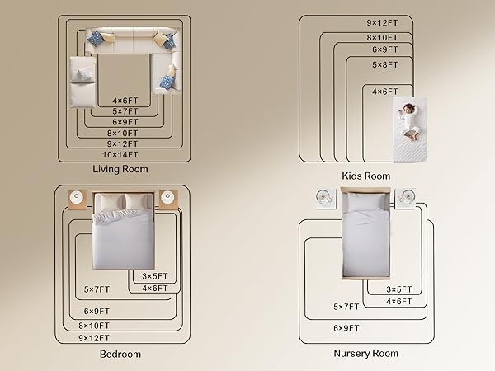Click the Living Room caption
coord(120,169)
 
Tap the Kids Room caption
coord(365,176)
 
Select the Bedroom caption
coord(120,354)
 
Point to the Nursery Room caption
coord(365,354)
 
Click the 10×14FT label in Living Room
coord(120,155)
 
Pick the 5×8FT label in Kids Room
coord(384,65)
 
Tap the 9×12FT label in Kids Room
coord(382,23)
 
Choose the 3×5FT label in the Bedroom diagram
coord(155,276)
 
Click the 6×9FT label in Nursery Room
coord(346,328)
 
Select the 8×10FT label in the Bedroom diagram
coord(94,326)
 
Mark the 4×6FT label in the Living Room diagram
coord(125,101)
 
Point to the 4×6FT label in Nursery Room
coord(399,302)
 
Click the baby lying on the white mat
coord(409,121)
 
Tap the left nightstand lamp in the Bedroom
coord(76,196)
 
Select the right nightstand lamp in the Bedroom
coord(167,196)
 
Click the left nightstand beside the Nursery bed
coord(326,199)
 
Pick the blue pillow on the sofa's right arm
coord(167,81)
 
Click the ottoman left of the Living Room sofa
coord(82,82)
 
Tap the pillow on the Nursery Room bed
coord(365,202)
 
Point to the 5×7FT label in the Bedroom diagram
coord(97,289)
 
